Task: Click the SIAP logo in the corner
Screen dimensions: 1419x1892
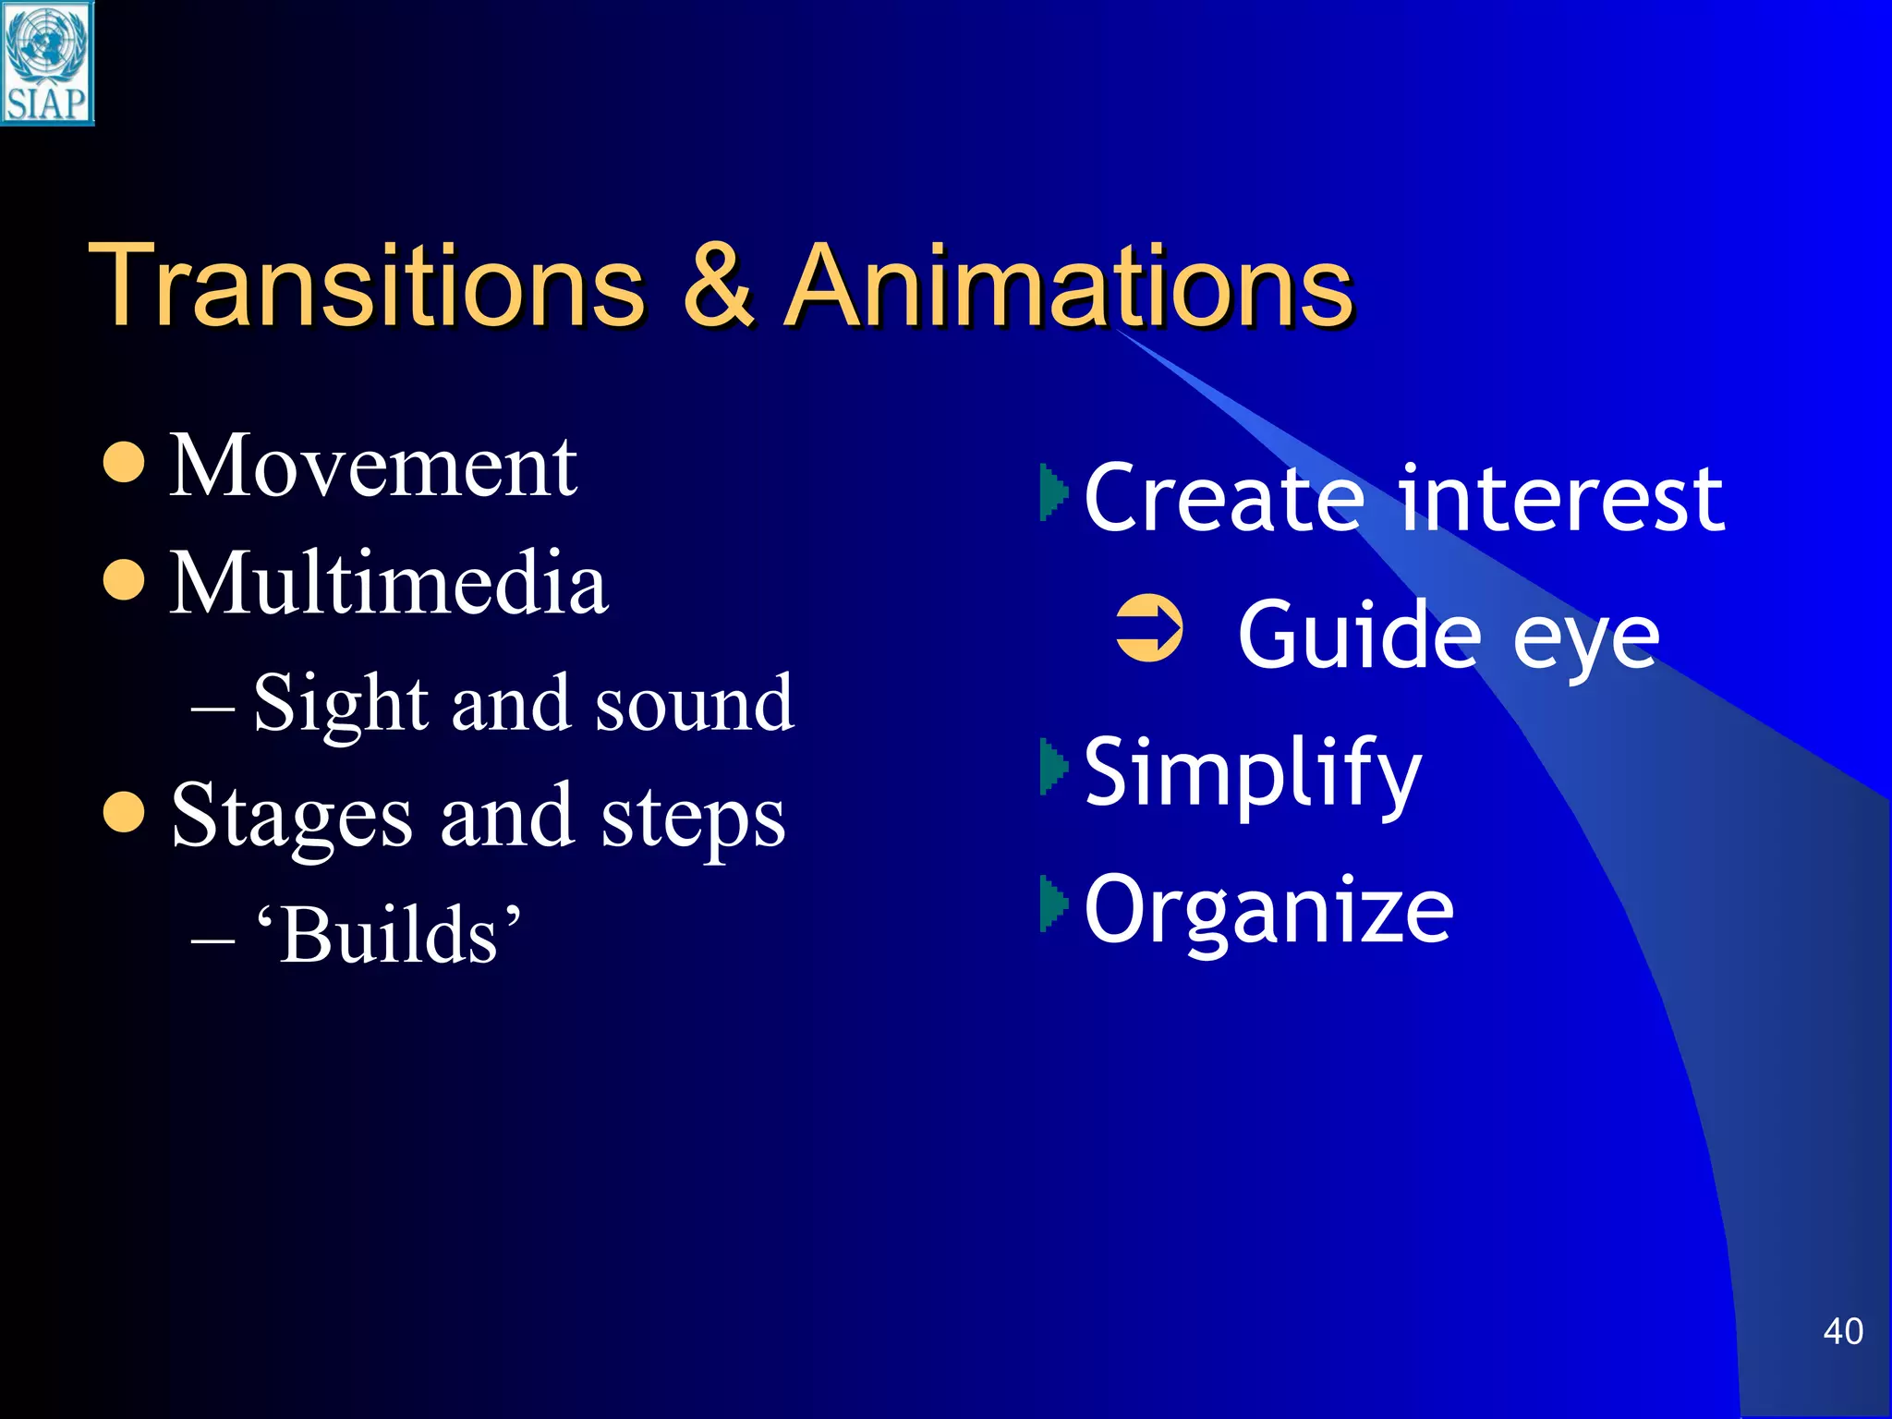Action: [x=47, y=63]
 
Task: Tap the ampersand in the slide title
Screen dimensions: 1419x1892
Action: [x=718, y=285]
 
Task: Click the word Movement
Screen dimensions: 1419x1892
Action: [x=373, y=467]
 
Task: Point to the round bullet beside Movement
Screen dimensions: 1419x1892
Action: [x=124, y=463]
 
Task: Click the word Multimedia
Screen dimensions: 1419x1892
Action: [x=389, y=583]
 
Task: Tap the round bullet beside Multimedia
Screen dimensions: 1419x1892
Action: [x=124, y=580]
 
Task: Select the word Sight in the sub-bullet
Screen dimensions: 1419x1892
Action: [x=340, y=704]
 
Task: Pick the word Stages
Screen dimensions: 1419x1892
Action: [x=291, y=818]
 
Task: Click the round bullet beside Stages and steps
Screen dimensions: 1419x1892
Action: [x=124, y=812]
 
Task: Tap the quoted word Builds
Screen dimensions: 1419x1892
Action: [x=389, y=935]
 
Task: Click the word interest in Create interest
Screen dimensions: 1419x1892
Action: [x=1560, y=499]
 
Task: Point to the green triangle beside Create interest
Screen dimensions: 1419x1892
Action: [x=1053, y=492]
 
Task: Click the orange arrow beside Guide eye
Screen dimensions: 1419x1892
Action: [x=1148, y=629]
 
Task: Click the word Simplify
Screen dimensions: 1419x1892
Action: [x=1252, y=772]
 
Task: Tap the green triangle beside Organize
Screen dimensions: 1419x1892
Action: [x=1053, y=903]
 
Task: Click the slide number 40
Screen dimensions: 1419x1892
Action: [x=1842, y=1331]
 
